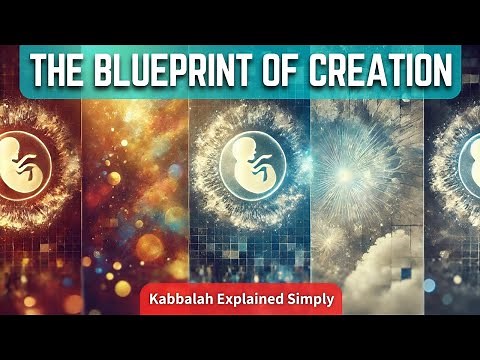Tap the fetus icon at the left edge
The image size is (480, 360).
coord(13,160)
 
